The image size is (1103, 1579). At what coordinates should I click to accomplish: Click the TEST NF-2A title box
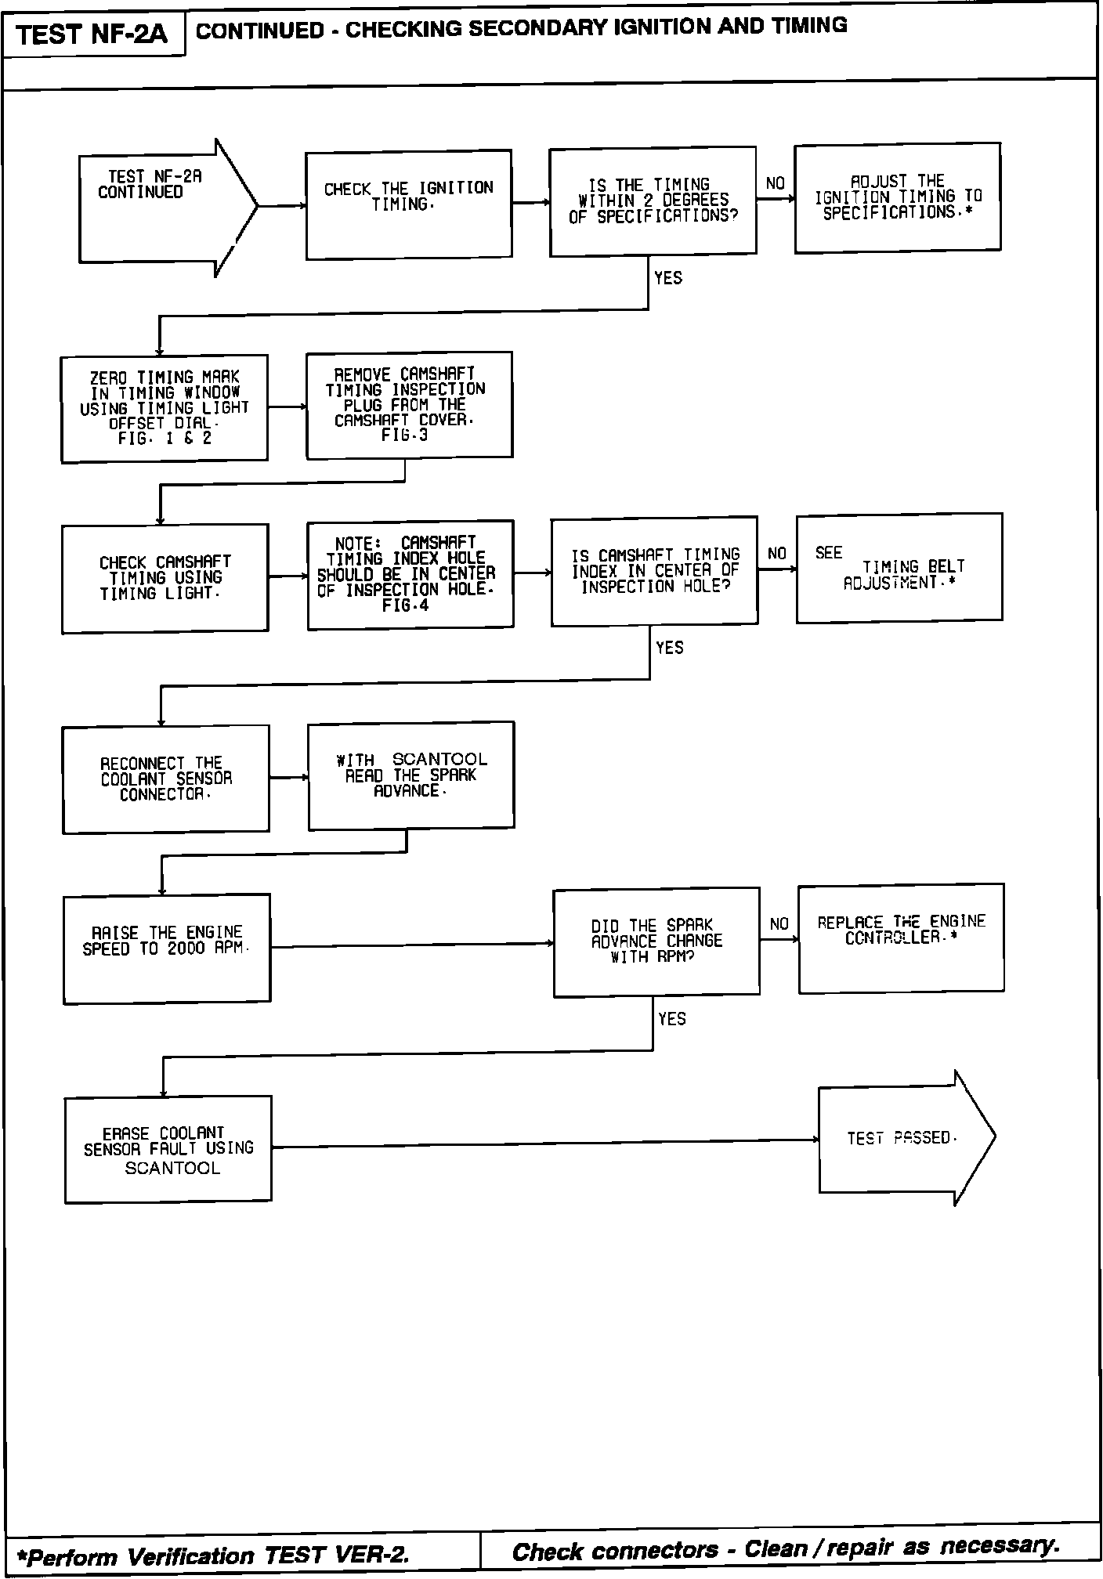click(92, 35)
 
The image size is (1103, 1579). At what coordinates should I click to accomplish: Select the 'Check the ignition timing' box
click(408, 204)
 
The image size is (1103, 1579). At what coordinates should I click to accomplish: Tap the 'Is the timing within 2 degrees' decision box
click(653, 201)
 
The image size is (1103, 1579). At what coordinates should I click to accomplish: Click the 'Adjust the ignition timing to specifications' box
click(897, 197)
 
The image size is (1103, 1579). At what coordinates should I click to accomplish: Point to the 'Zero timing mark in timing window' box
click(165, 408)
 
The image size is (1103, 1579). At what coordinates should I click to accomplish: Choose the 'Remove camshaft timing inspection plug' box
click(409, 404)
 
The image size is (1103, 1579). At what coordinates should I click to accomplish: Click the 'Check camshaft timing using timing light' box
click(165, 578)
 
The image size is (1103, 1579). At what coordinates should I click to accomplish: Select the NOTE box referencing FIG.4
click(410, 574)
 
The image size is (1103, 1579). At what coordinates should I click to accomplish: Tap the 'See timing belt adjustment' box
click(899, 568)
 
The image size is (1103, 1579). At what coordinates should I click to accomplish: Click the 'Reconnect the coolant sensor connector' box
click(166, 779)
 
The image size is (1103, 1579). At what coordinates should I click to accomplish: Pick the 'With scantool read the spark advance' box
click(411, 775)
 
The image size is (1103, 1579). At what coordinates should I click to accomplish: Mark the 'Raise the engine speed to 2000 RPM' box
click(167, 948)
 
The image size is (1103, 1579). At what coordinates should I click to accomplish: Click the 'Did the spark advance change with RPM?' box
click(656, 941)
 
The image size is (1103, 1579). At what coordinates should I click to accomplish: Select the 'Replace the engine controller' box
click(901, 938)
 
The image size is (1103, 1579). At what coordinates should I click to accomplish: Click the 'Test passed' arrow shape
click(905, 1138)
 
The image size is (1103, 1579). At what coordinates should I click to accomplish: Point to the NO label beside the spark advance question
click(779, 924)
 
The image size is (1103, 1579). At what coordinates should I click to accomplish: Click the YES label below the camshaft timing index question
click(669, 648)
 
